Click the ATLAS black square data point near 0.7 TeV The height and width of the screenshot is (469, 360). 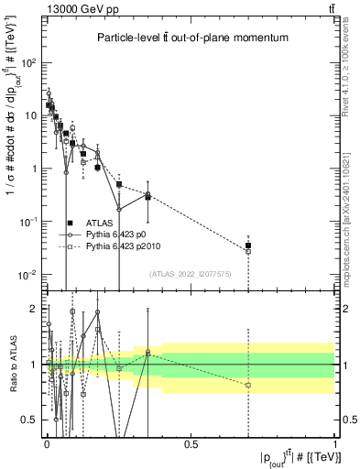pos(248,245)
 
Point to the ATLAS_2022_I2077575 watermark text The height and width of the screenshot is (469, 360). pos(191,274)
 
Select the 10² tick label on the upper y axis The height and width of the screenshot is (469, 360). pos(28,63)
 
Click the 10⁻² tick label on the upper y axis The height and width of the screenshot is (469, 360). pos(28,275)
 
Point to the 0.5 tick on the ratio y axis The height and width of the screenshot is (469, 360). pos(29,420)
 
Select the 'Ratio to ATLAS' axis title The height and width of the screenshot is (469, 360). pos(10,365)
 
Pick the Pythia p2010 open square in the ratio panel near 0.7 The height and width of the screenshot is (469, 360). pos(248,385)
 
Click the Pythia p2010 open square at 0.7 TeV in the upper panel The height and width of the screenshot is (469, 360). pos(248,252)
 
